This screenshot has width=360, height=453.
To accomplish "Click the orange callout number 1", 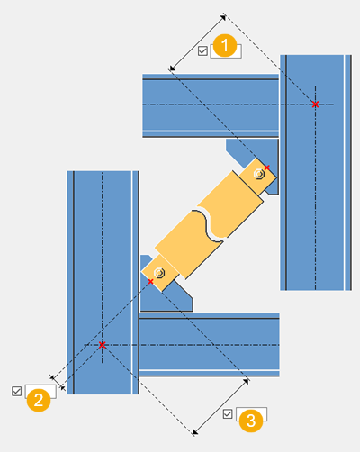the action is coord(225,46).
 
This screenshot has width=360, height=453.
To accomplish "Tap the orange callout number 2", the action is coord(39,400).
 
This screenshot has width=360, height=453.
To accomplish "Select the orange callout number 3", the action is coord(251,421).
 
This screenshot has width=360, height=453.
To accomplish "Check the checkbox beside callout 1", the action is coord(202,50).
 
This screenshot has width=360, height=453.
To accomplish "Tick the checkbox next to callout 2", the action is coord(17,391).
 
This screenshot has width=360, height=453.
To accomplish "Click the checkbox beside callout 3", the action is coord(228,414).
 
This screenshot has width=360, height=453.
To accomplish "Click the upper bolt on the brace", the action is coord(258,174).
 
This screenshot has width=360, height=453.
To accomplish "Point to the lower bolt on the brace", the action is coord(159,273).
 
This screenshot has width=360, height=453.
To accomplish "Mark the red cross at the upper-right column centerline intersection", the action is coord(315,104).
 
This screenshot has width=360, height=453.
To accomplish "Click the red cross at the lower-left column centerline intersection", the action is coord(102,345).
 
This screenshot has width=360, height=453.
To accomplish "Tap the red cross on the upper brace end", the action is coord(267,168).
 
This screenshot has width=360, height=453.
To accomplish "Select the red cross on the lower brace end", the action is coord(150,281).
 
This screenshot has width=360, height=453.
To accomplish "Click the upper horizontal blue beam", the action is coord(211,105).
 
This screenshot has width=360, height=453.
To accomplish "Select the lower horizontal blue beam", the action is coord(209,345).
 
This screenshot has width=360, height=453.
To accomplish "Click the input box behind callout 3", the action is coord(251,414).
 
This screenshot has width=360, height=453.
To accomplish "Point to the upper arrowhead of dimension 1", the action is coord(223,17).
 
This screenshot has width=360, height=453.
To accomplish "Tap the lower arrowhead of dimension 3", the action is coord(195,432).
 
